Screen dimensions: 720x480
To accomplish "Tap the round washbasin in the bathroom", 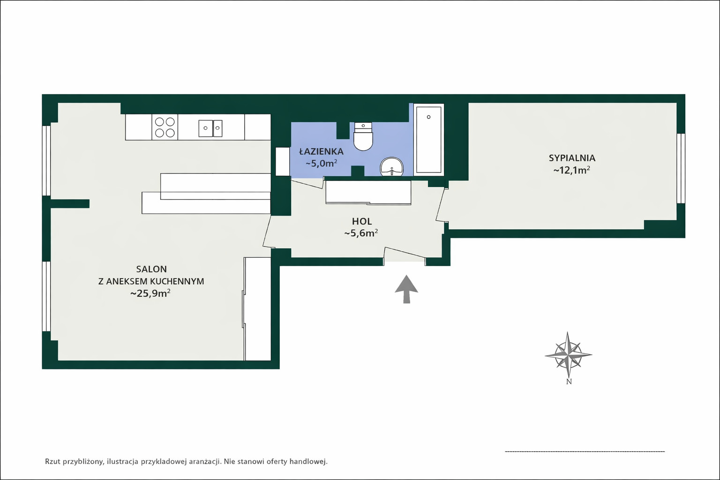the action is pyautogui.click(x=392, y=167).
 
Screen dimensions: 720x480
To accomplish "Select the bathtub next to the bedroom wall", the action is pyautogui.click(x=429, y=140).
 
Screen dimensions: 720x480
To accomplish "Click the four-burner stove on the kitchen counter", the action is pyautogui.click(x=165, y=127).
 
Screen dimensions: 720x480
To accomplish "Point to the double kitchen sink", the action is pyautogui.click(x=210, y=128).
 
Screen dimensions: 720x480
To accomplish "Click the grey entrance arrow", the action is pyautogui.click(x=406, y=289).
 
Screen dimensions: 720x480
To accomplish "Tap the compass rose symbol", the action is pyautogui.click(x=569, y=355).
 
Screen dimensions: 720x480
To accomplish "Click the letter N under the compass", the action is pyautogui.click(x=569, y=382).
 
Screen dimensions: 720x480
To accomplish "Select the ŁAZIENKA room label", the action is pyautogui.click(x=321, y=151).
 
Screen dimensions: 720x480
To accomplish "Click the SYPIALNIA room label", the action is pyautogui.click(x=572, y=158).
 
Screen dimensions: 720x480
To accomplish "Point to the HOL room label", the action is pyautogui.click(x=362, y=221).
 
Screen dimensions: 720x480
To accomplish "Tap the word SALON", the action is pyautogui.click(x=151, y=269).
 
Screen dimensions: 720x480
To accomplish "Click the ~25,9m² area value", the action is pyautogui.click(x=150, y=293).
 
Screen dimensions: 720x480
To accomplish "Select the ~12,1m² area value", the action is pyautogui.click(x=571, y=170).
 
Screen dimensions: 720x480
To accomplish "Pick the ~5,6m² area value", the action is pyautogui.click(x=361, y=233).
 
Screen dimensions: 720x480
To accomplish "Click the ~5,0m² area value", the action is pyautogui.click(x=321, y=163).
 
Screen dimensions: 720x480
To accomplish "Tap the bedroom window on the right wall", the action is pyautogui.click(x=681, y=168).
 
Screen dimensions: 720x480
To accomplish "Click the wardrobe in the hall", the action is pyautogui.click(x=368, y=192).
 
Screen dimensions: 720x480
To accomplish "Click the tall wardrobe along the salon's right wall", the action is pyautogui.click(x=257, y=308).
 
